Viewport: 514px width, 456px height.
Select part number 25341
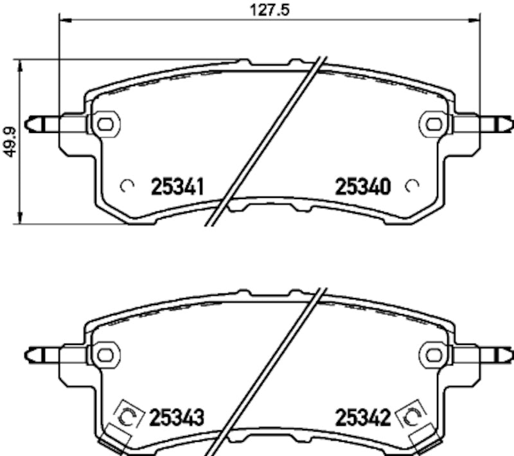click(x=177, y=187)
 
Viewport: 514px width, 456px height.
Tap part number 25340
click(x=363, y=187)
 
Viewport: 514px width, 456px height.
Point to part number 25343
click(x=177, y=419)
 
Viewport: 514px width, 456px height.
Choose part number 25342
click(x=363, y=419)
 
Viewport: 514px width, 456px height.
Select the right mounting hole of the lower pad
click(x=434, y=353)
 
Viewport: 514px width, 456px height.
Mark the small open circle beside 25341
click(x=127, y=186)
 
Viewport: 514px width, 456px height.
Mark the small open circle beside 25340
click(x=412, y=186)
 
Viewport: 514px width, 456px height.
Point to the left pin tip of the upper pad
click(x=29, y=121)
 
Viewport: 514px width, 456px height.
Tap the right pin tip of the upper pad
click(x=509, y=121)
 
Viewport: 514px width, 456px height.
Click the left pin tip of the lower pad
click(x=29, y=353)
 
